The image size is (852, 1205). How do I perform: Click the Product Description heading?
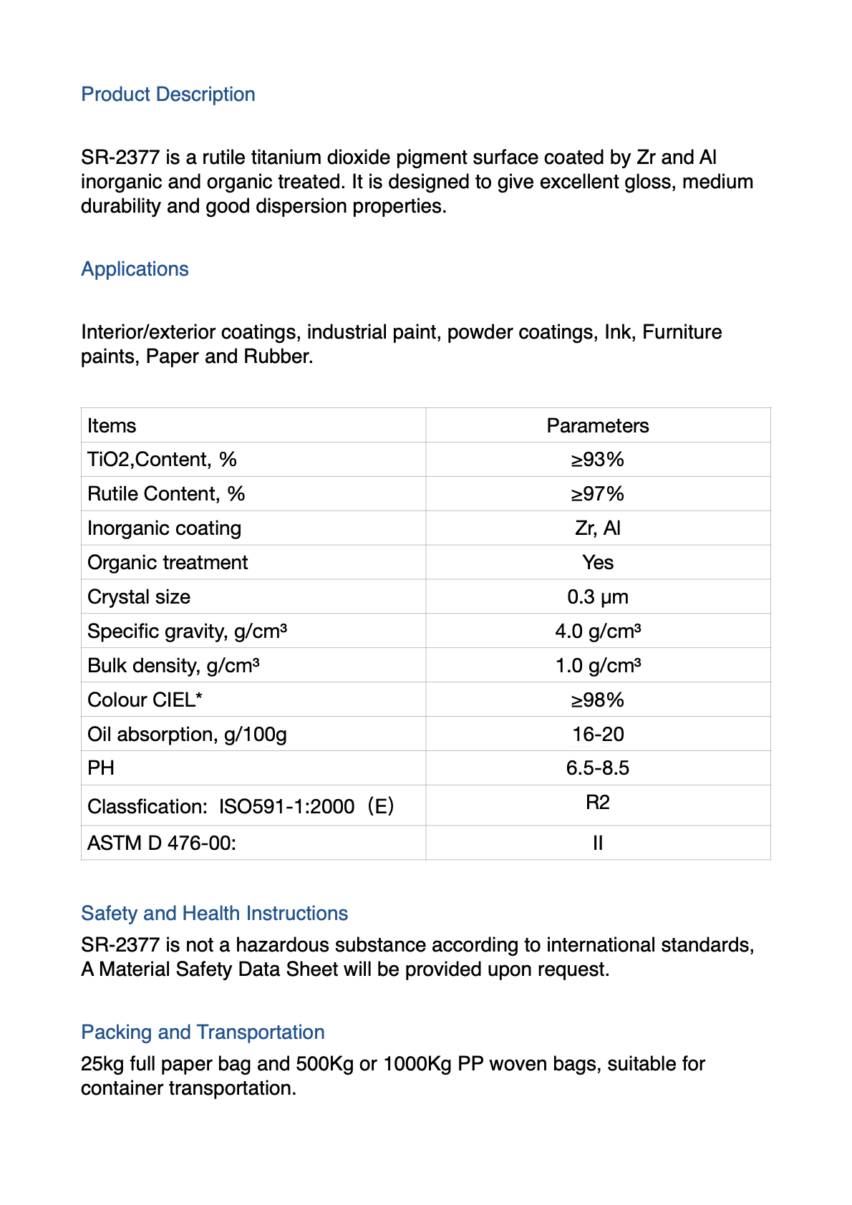(x=168, y=95)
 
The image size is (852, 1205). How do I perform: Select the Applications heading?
(x=135, y=269)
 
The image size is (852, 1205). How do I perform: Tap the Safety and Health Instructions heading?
(x=214, y=914)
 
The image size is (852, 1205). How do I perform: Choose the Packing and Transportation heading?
(x=203, y=1032)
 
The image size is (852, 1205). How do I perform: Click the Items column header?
(x=112, y=426)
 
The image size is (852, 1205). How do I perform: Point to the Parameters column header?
(x=597, y=426)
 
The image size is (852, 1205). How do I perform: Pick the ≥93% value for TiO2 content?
(x=597, y=460)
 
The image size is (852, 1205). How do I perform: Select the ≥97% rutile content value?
(x=597, y=494)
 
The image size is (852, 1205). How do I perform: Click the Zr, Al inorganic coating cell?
(x=597, y=528)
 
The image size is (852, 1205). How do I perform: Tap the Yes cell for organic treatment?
(x=597, y=563)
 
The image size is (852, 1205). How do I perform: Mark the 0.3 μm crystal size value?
(x=597, y=597)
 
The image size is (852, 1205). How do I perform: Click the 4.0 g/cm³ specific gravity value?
(x=597, y=631)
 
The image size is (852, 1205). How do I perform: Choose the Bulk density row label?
(x=173, y=666)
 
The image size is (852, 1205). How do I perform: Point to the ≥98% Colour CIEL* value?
(x=597, y=700)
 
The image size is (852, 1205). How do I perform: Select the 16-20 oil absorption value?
(x=597, y=735)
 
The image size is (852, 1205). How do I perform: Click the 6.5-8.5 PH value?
(x=597, y=768)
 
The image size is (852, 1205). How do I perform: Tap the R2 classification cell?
(x=597, y=803)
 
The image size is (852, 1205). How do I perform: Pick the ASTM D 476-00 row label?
(x=162, y=843)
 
